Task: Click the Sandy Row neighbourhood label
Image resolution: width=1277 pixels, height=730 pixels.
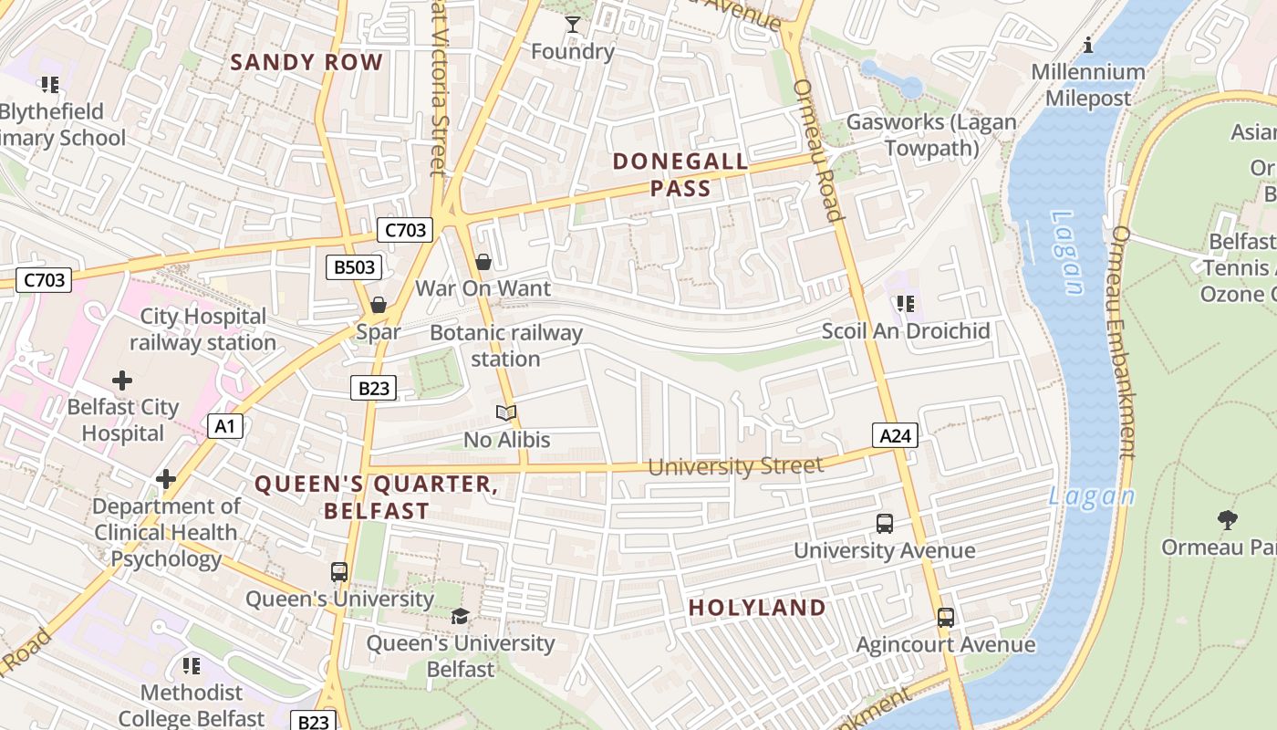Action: click(306, 62)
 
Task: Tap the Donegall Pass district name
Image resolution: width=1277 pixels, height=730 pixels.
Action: click(680, 175)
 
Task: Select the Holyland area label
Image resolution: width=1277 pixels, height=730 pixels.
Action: click(757, 608)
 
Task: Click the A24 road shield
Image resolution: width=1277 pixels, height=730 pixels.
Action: click(894, 436)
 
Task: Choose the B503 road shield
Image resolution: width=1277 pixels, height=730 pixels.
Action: click(354, 267)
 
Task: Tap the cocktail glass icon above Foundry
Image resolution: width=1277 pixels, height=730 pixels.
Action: click(572, 25)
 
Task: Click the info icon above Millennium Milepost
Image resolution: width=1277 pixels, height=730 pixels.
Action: click(1087, 45)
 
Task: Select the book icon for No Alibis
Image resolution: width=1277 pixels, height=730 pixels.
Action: click(506, 413)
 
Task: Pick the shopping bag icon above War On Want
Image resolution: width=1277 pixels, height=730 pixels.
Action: click(483, 263)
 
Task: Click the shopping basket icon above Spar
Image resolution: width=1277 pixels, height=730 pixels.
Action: click(378, 305)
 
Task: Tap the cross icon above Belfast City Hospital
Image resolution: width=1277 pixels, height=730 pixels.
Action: click(122, 381)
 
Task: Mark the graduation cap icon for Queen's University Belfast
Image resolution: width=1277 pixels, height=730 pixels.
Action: click(460, 617)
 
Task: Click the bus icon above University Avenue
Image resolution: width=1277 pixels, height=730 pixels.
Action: click(884, 524)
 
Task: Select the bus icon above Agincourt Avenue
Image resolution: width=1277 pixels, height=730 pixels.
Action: click(946, 618)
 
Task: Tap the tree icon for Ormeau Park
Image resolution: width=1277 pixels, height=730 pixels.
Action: click(1228, 520)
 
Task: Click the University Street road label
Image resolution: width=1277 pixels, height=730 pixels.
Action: click(735, 466)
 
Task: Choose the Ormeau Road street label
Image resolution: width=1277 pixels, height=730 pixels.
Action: click(817, 151)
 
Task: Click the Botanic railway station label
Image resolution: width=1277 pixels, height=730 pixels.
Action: click(506, 346)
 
